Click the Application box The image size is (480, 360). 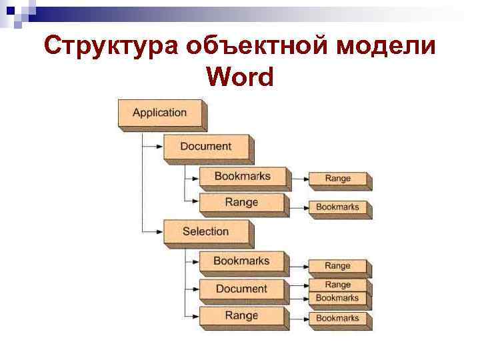[161, 113]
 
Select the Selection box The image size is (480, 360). [206, 232]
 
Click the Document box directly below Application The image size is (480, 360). [206, 147]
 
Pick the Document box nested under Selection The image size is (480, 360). [241, 289]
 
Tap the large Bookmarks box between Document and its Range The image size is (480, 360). [242, 177]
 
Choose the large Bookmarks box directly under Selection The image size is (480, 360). [241, 261]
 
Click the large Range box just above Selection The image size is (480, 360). [241, 203]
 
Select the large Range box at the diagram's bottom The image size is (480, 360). [241, 315]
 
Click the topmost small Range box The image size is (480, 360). [337, 179]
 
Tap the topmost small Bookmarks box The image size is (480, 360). [337, 207]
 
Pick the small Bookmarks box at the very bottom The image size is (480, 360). [337, 319]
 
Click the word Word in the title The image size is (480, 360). [240, 78]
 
